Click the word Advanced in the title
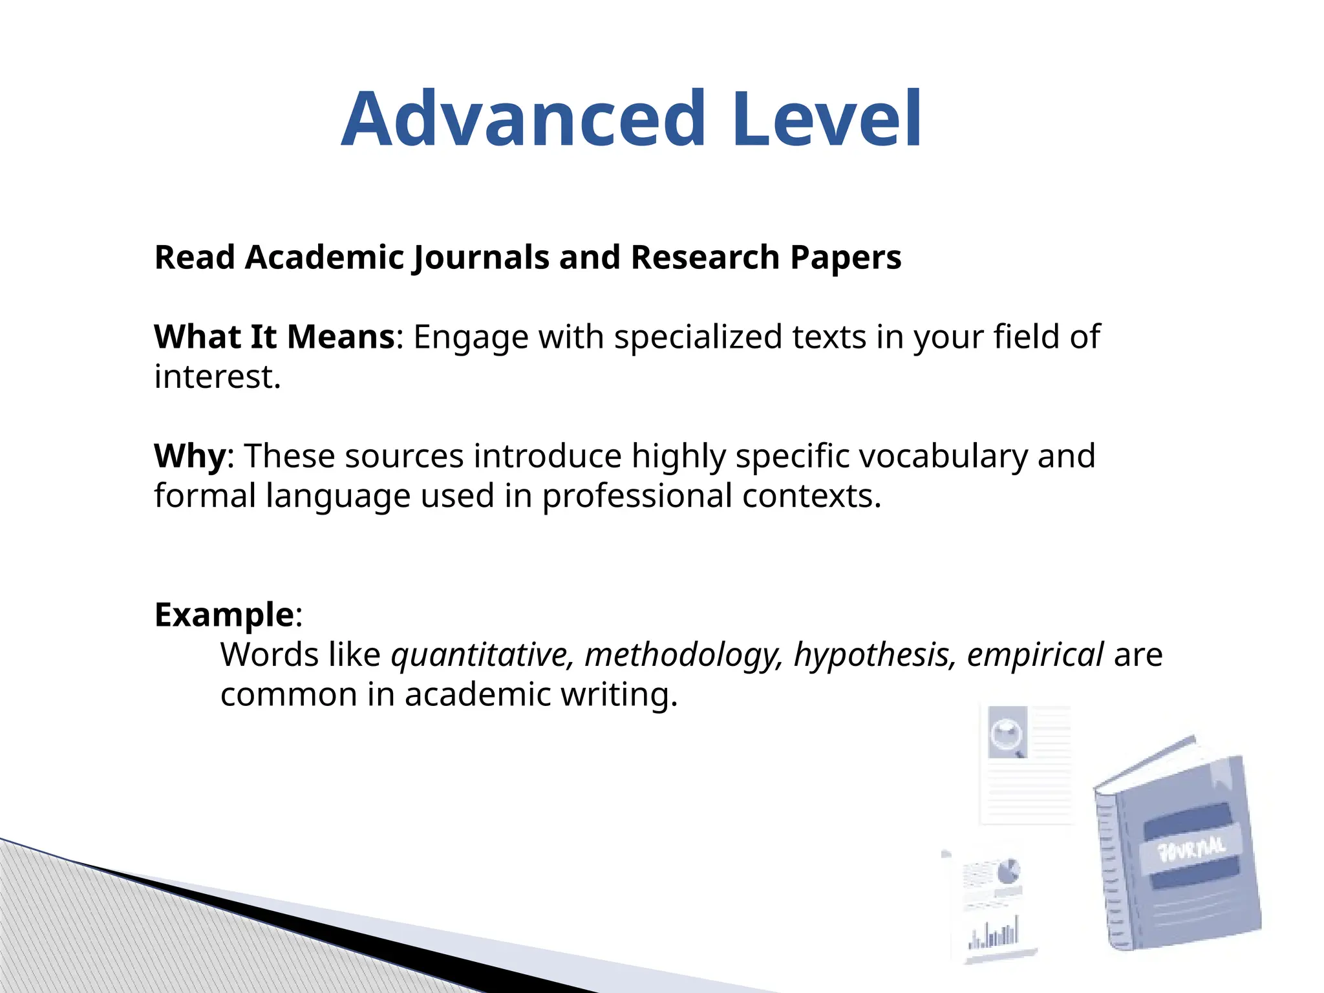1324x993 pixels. tap(524, 120)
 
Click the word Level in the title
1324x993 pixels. tap(827, 120)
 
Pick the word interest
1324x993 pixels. tap(217, 377)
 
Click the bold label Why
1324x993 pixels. tap(189, 456)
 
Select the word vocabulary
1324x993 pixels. tap(943, 456)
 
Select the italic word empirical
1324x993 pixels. tap(1034, 655)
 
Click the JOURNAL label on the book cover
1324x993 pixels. tap(1191, 848)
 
